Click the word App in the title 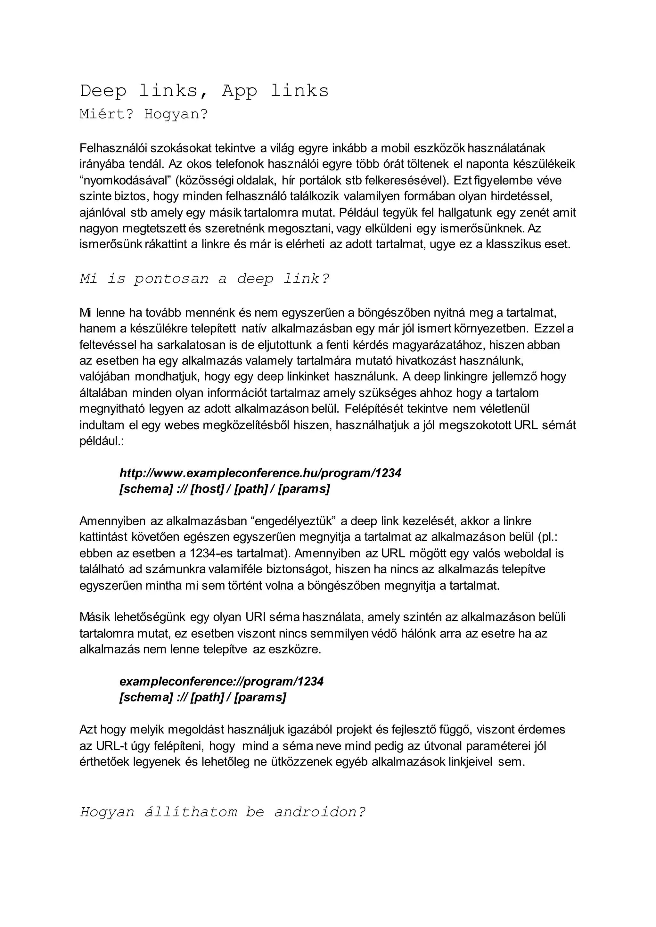point(239,91)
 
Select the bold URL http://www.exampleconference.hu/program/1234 point(260,473)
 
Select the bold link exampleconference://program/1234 point(221,681)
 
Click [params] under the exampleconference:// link point(260,698)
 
